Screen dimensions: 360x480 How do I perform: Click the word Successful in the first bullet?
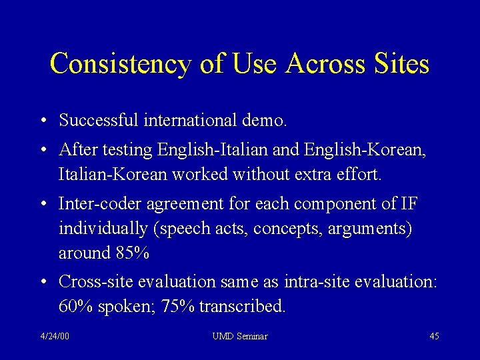click(97, 121)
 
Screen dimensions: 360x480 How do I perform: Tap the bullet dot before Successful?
click(43, 121)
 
